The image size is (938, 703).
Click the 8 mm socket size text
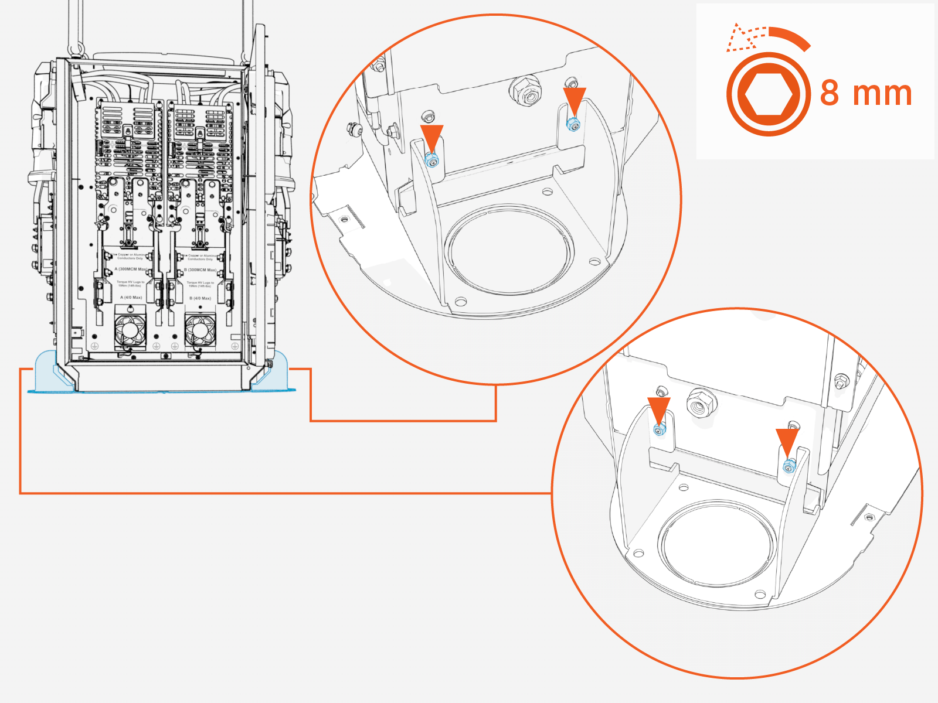(x=866, y=93)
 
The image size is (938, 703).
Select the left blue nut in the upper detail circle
(x=432, y=160)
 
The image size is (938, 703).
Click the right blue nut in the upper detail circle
(x=573, y=124)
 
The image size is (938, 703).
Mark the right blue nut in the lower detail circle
(x=789, y=466)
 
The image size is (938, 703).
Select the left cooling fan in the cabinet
(x=130, y=331)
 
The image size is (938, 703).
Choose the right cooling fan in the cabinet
(x=200, y=330)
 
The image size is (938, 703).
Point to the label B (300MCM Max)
(x=200, y=270)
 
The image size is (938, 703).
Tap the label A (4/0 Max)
(x=131, y=298)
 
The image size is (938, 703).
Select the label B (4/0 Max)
(x=200, y=298)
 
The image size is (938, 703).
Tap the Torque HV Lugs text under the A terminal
(x=130, y=284)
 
